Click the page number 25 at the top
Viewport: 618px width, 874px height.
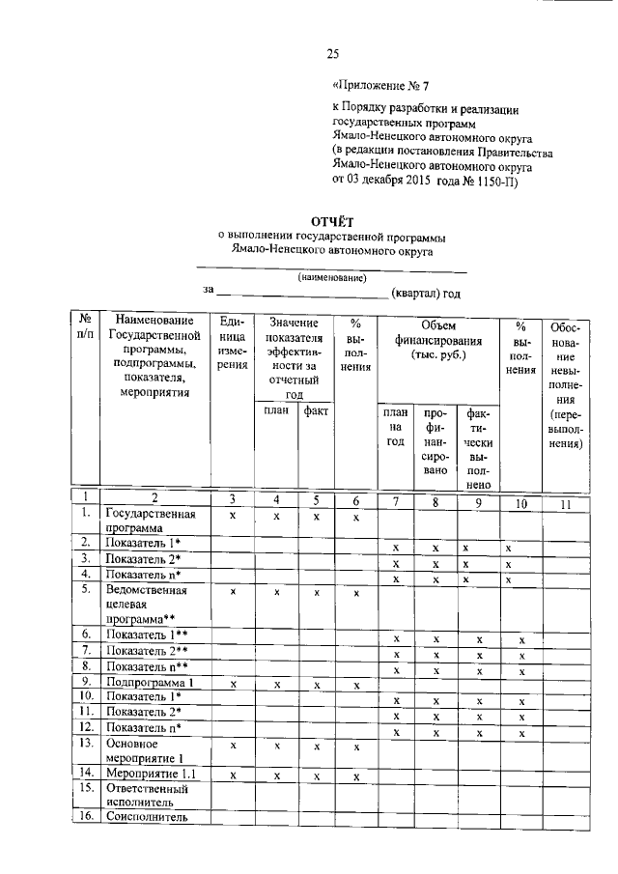click(332, 53)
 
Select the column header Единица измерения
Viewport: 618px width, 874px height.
click(232, 348)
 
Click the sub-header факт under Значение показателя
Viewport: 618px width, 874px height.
click(315, 410)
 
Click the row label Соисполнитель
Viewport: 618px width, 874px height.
click(146, 817)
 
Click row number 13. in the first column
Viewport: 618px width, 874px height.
click(86, 744)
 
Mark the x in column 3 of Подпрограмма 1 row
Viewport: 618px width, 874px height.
click(232, 685)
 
